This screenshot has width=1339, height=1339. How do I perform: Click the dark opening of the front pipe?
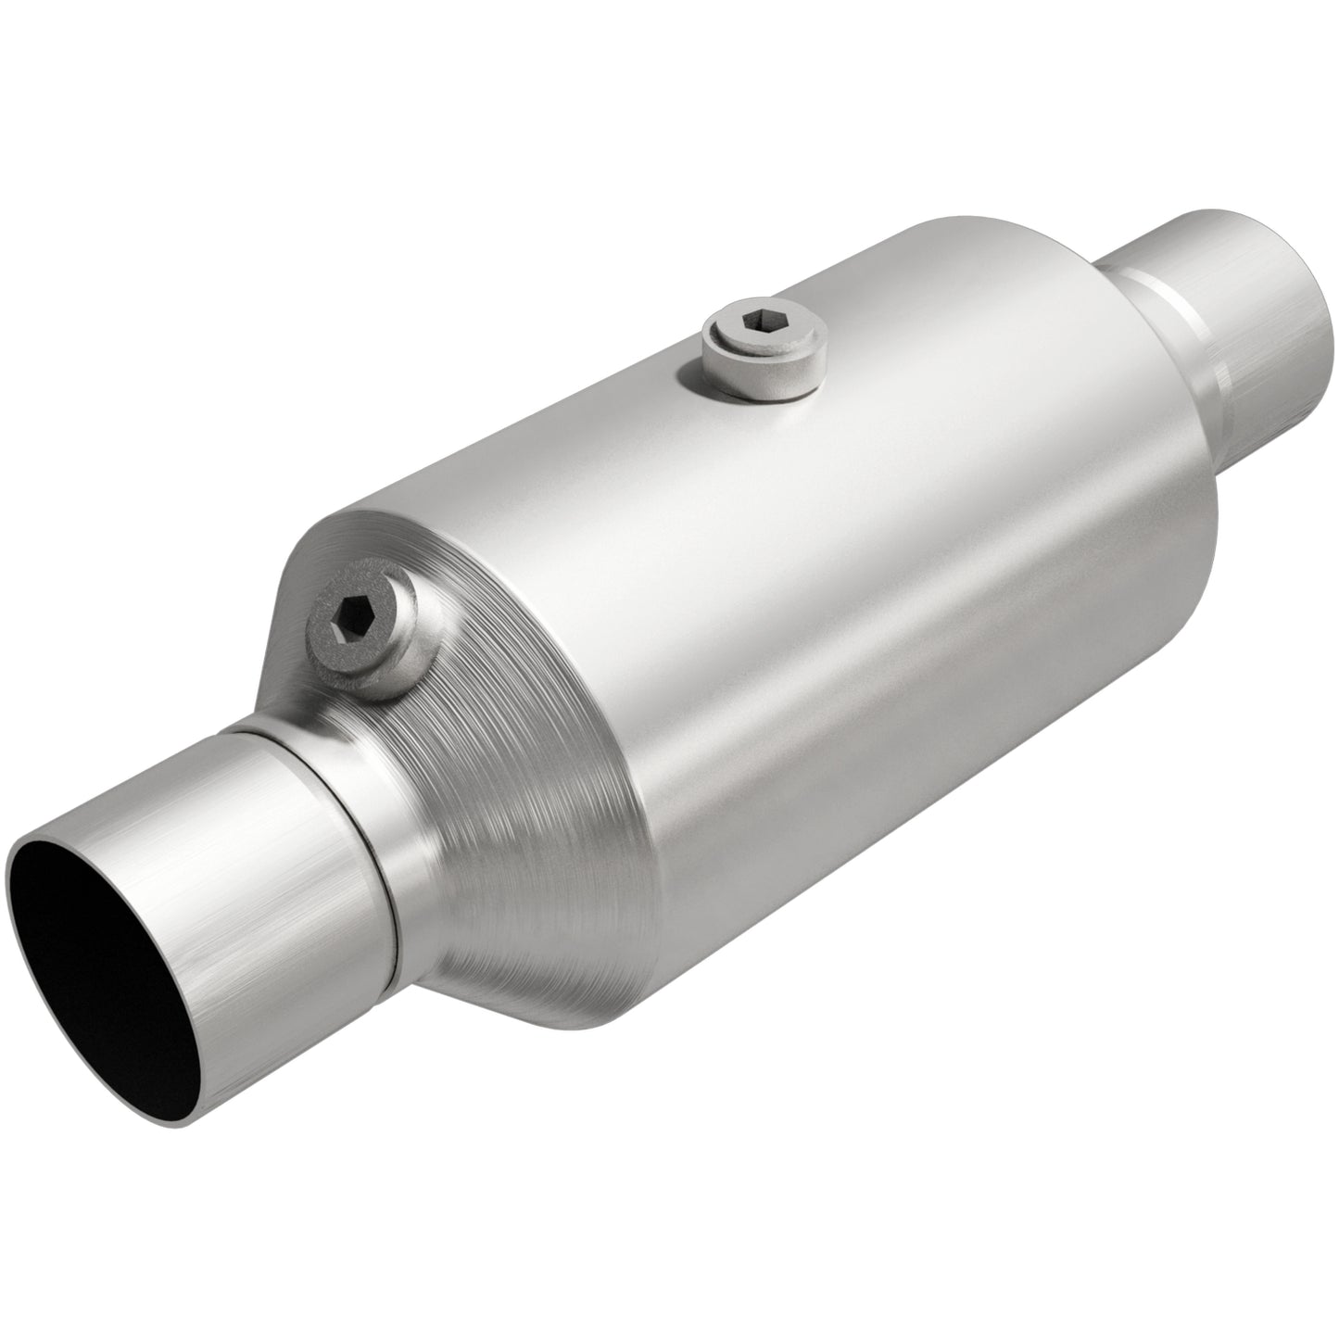tap(102, 964)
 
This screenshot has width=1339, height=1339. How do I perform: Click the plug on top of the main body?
tap(762, 357)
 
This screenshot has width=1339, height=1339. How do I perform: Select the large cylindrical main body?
tap(788, 575)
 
